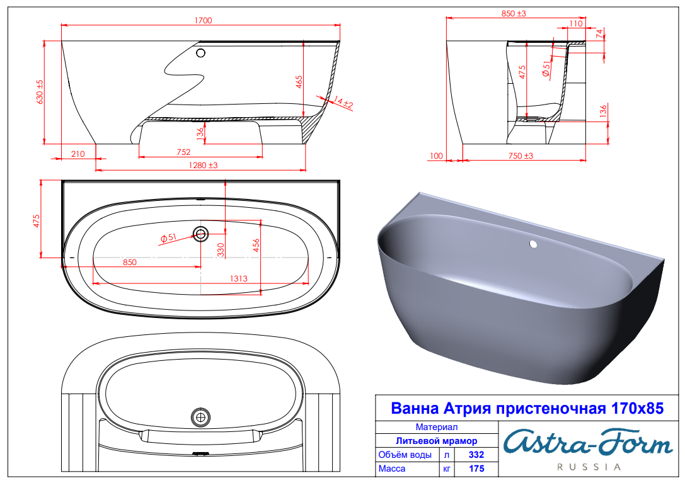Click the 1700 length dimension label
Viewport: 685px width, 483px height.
(x=203, y=21)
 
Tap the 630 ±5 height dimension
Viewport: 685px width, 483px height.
(x=40, y=92)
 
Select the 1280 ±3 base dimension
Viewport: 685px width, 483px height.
(x=203, y=165)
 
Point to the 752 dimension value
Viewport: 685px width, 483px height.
(x=183, y=152)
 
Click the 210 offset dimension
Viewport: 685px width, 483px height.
(x=78, y=154)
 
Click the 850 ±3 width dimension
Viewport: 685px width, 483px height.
(x=514, y=13)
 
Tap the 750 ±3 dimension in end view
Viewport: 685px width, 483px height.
(x=521, y=156)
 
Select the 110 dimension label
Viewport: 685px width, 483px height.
(x=576, y=23)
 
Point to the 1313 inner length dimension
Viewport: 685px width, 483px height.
(x=239, y=278)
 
